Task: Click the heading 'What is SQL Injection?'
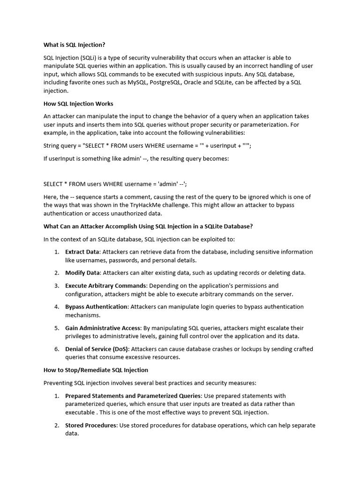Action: (74, 45)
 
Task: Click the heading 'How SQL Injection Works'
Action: (78, 104)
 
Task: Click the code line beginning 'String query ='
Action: (147, 146)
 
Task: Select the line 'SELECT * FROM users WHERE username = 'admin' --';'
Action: (118, 184)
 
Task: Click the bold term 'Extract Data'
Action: (82, 252)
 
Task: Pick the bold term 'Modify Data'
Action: (82, 273)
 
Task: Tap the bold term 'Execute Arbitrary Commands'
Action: (106, 285)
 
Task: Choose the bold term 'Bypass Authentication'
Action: (96, 307)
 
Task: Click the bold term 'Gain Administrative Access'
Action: (103, 328)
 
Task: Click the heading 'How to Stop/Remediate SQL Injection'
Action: (96, 370)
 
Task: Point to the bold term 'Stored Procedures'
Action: (91, 425)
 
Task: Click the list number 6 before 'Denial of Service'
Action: (56, 349)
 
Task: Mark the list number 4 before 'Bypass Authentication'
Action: (56, 307)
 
